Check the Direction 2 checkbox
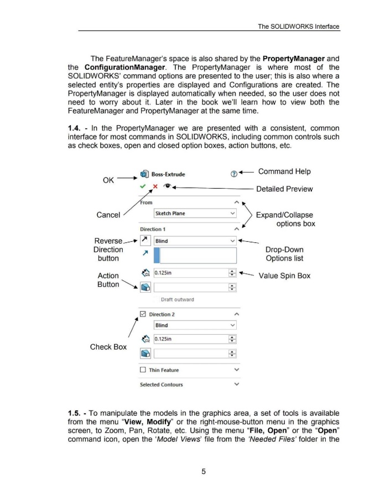(x=144, y=315)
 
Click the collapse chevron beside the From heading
(x=237, y=202)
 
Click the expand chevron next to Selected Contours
(x=237, y=384)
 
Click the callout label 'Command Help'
(x=288, y=172)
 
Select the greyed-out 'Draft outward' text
(x=177, y=300)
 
